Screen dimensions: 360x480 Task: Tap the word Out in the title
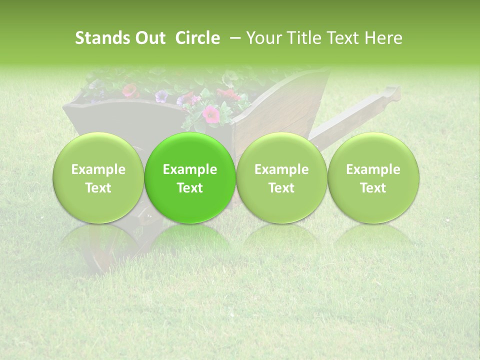tap(149, 38)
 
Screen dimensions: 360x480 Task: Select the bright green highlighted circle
tap(190, 177)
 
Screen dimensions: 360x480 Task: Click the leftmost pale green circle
tap(98, 177)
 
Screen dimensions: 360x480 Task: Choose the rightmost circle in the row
tap(373, 177)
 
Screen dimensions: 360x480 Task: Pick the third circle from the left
tap(281, 177)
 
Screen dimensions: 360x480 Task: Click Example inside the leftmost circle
tap(98, 169)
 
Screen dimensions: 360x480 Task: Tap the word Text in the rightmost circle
tap(373, 188)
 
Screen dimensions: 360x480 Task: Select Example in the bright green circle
tap(190, 169)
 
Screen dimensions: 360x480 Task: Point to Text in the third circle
tap(281, 188)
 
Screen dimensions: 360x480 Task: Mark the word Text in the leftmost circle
tap(98, 188)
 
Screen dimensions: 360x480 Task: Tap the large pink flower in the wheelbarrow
tap(211, 114)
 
